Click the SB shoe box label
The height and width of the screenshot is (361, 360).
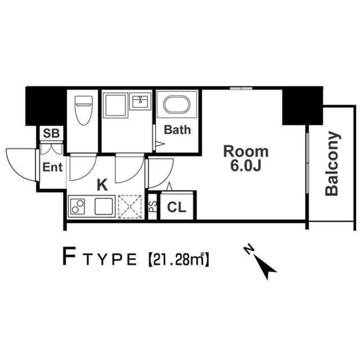coord(51,133)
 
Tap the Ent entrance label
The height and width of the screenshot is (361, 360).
coord(52,167)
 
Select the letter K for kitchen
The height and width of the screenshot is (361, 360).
coord(103,185)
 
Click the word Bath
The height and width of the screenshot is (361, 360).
coord(177,130)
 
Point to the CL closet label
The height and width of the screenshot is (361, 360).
coord(176,207)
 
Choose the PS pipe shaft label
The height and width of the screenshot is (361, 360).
coord(153,206)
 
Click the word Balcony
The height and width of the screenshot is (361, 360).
coord(332,164)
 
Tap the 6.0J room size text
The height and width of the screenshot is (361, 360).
coord(246,165)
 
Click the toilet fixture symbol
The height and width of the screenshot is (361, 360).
coord(84,111)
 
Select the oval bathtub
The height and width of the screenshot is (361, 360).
coord(177,105)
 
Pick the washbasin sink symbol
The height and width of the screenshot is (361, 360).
coord(140,101)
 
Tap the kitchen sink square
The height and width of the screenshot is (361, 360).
coord(104,206)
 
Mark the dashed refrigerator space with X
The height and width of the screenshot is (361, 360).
coord(130,207)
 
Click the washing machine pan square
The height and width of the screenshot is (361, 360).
coord(115,105)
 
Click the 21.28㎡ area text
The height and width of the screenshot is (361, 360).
coord(179,259)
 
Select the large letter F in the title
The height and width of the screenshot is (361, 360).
coord(70,256)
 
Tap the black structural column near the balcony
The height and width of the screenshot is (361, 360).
coord(303,106)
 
